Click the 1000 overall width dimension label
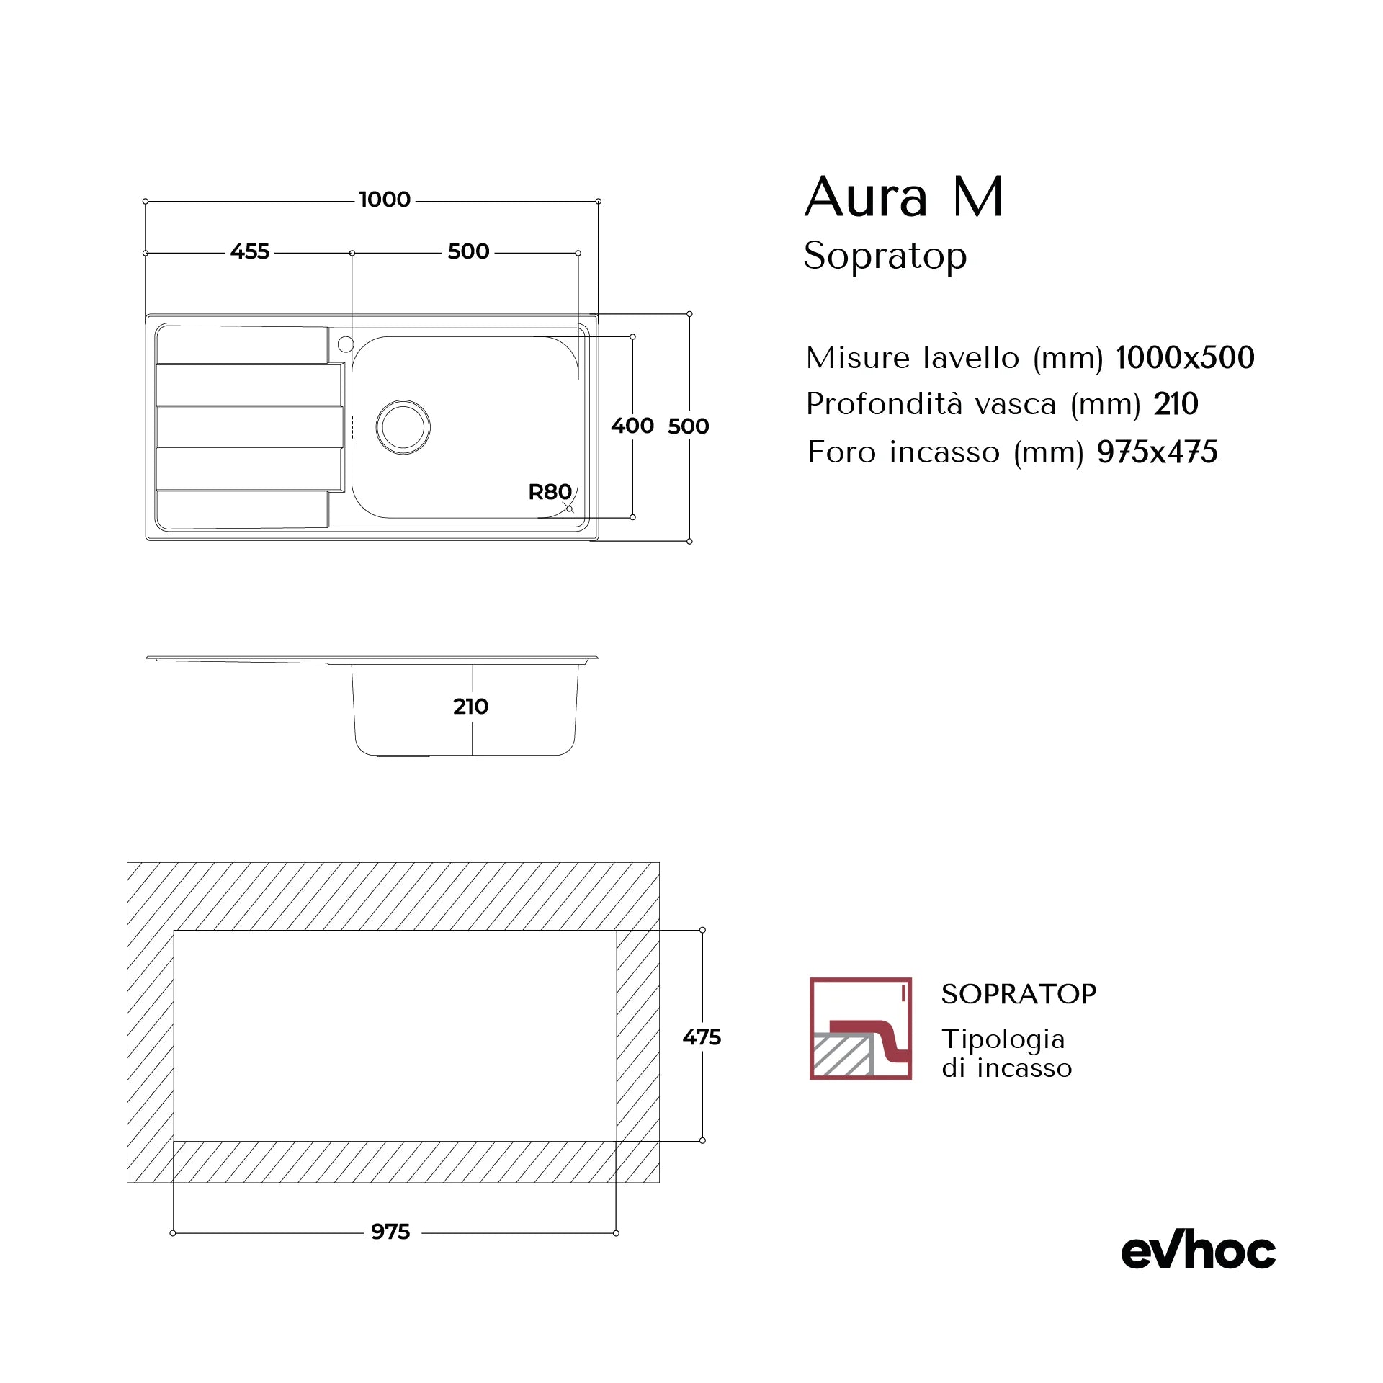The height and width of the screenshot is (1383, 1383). coord(385,200)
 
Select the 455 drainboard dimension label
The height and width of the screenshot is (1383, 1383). coord(250,251)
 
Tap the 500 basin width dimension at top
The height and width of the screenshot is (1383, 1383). coord(468,251)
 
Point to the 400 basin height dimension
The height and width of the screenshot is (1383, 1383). coord(632,426)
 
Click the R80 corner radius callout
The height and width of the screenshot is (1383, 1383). coord(550,492)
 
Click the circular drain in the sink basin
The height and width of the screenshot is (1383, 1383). coord(403,427)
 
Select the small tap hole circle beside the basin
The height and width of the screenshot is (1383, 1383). coord(346,344)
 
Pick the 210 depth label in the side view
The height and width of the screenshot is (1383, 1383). coord(470,707)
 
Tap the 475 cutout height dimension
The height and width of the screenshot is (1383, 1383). coord(702,1037)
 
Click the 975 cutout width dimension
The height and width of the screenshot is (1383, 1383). coord(390,1232)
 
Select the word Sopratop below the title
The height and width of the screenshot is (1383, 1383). coord(885,256)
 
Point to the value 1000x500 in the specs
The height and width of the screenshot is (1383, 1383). coord(1185,358)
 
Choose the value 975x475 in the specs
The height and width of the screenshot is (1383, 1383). coord(1157,452)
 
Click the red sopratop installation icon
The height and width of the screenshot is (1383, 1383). coord(860,1028)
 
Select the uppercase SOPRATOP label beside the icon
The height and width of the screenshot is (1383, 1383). coord(1019,994)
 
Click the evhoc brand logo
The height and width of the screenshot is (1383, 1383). coord(1198,1251)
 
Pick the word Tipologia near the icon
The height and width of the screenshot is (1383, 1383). coord(1003,1039)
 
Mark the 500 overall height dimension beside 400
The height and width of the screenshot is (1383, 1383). coord(688,426)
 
